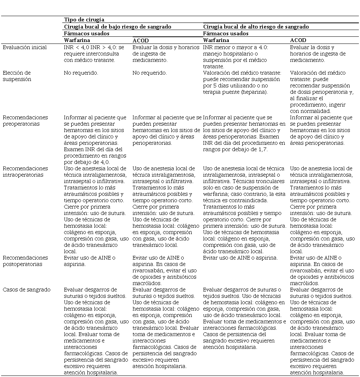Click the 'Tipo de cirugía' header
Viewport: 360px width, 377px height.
pos(84,20)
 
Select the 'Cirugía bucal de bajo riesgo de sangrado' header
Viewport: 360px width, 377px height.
pos(117,27)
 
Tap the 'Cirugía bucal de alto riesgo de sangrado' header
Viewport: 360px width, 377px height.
pos(256,27)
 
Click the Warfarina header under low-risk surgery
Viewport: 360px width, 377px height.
pos(77,40)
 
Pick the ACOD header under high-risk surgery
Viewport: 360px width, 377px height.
pos(298,40)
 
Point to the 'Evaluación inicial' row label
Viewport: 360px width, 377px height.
pos(25,47)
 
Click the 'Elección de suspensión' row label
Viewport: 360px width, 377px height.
pos(17,76)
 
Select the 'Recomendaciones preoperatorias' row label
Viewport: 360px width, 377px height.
pos(25,120)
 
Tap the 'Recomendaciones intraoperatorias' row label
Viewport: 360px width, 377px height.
pos(25,171)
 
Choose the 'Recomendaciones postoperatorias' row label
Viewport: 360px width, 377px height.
pos(25,261)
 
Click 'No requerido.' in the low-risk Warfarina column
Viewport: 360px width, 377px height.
pos(81,73)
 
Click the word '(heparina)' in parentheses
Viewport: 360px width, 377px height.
pos(254,92)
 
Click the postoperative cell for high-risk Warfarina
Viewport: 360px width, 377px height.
pos(240,258)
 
